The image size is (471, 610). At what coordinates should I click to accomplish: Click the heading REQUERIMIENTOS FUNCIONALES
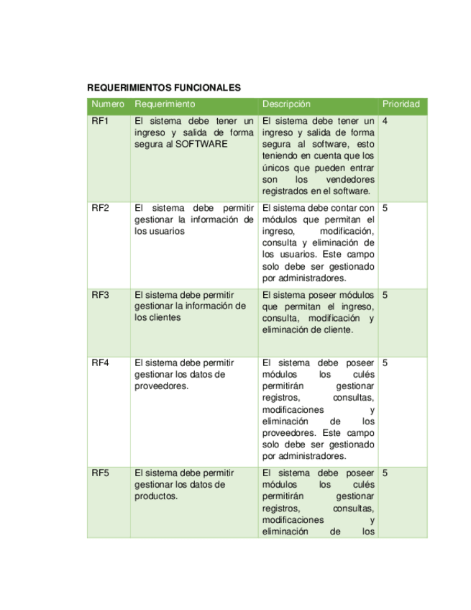(x=163, y=88)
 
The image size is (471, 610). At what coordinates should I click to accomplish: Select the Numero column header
(x=108, y=104)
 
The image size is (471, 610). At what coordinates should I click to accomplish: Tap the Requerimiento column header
(x=165, y=104)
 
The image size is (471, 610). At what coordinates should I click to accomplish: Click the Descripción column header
(x=286, y=104)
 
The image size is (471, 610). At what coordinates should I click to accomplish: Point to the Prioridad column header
(x=401, y=104)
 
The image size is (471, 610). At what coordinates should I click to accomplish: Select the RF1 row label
(x=100, y=121)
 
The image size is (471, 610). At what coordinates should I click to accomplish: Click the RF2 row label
(x=100, y=208)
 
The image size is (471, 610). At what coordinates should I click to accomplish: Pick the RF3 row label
(x=100, y=295)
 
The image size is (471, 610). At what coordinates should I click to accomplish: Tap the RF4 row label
(x=100, y=363)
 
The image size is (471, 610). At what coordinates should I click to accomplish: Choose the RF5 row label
(x=100, y=473)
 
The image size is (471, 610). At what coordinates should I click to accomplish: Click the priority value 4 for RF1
(x=385, y=121)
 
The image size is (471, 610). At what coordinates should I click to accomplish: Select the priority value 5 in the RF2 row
(x=385, y=208)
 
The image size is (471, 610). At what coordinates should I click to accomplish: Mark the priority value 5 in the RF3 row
(x=385, y=295)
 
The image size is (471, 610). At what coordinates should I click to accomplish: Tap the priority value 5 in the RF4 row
(x=385, y=363)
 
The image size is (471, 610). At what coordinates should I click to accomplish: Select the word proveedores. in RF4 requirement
(x=162, y=386)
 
